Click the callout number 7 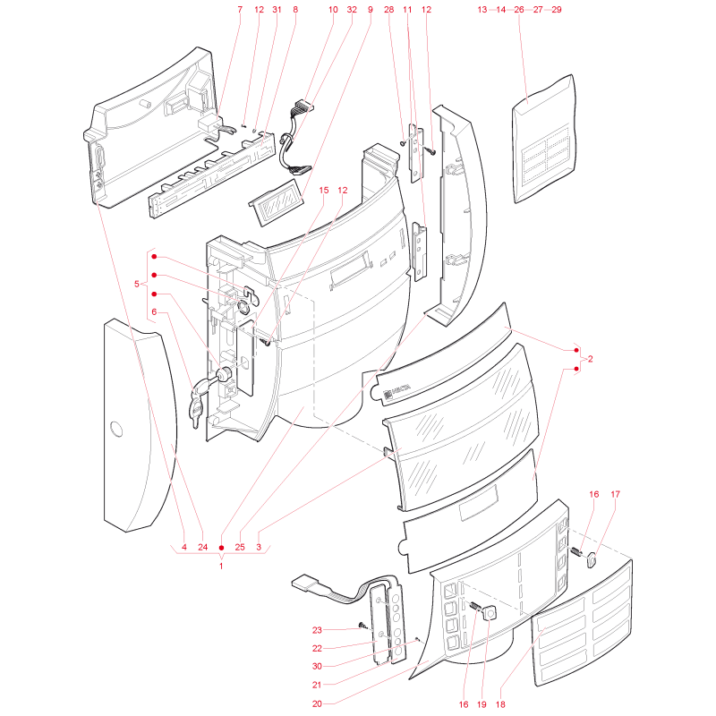tap(240, 10)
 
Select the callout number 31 tap(277, 10)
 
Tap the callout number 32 tap(352, 10)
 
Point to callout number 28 tap(389, 10)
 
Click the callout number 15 tap(324, 191)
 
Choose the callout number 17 tap(615, 495)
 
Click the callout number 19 tap(482, 704)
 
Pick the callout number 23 tap(317, 630)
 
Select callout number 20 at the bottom tap(317, 704)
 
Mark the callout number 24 tap(203, 547)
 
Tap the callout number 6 tap(154, 311)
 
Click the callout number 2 tap(591, 359)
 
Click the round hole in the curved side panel tap(116, 430)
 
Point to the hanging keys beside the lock tap(196, 405)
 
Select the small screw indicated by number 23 tap(363, 625)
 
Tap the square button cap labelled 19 tap(489, 612)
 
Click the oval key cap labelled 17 tap(592, 560)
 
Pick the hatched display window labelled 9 tap(277, 202)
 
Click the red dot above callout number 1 tap(221, 548)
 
